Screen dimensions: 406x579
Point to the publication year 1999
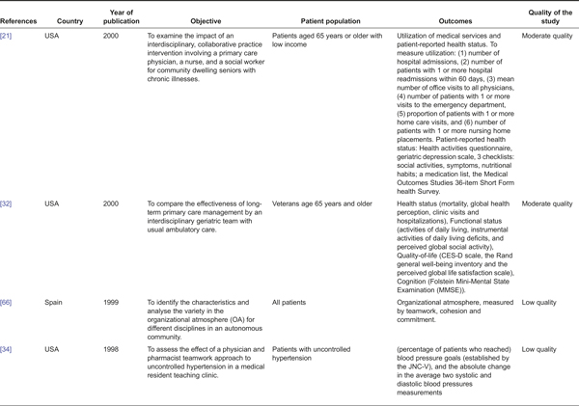(x=113, y=303)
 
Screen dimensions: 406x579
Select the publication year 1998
(x=113, y=348)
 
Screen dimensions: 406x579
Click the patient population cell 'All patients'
(x=294, y=303)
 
